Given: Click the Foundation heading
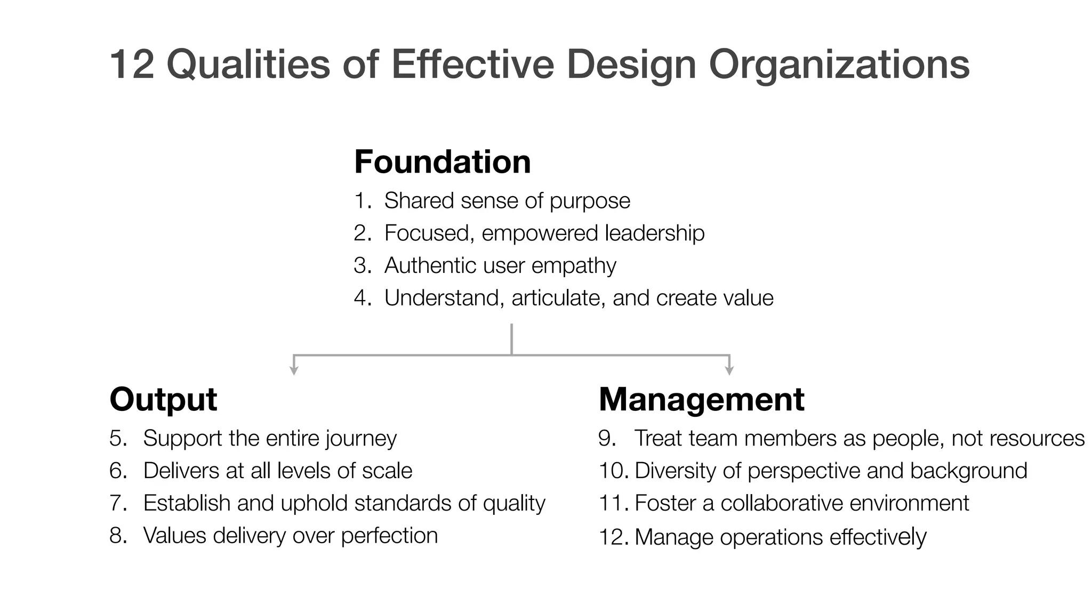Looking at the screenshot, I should pos(442,161).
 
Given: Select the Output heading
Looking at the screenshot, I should pos(163,399).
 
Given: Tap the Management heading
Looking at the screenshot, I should pos(701,399).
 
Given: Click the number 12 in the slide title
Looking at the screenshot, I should pos(132,64).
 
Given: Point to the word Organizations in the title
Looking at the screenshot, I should pos(839,65).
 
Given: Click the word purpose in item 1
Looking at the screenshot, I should pos(590,201).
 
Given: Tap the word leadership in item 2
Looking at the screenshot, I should pos(655,233).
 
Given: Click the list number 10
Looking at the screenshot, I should pos(613,471).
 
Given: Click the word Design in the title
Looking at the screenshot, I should pos(631,65).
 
